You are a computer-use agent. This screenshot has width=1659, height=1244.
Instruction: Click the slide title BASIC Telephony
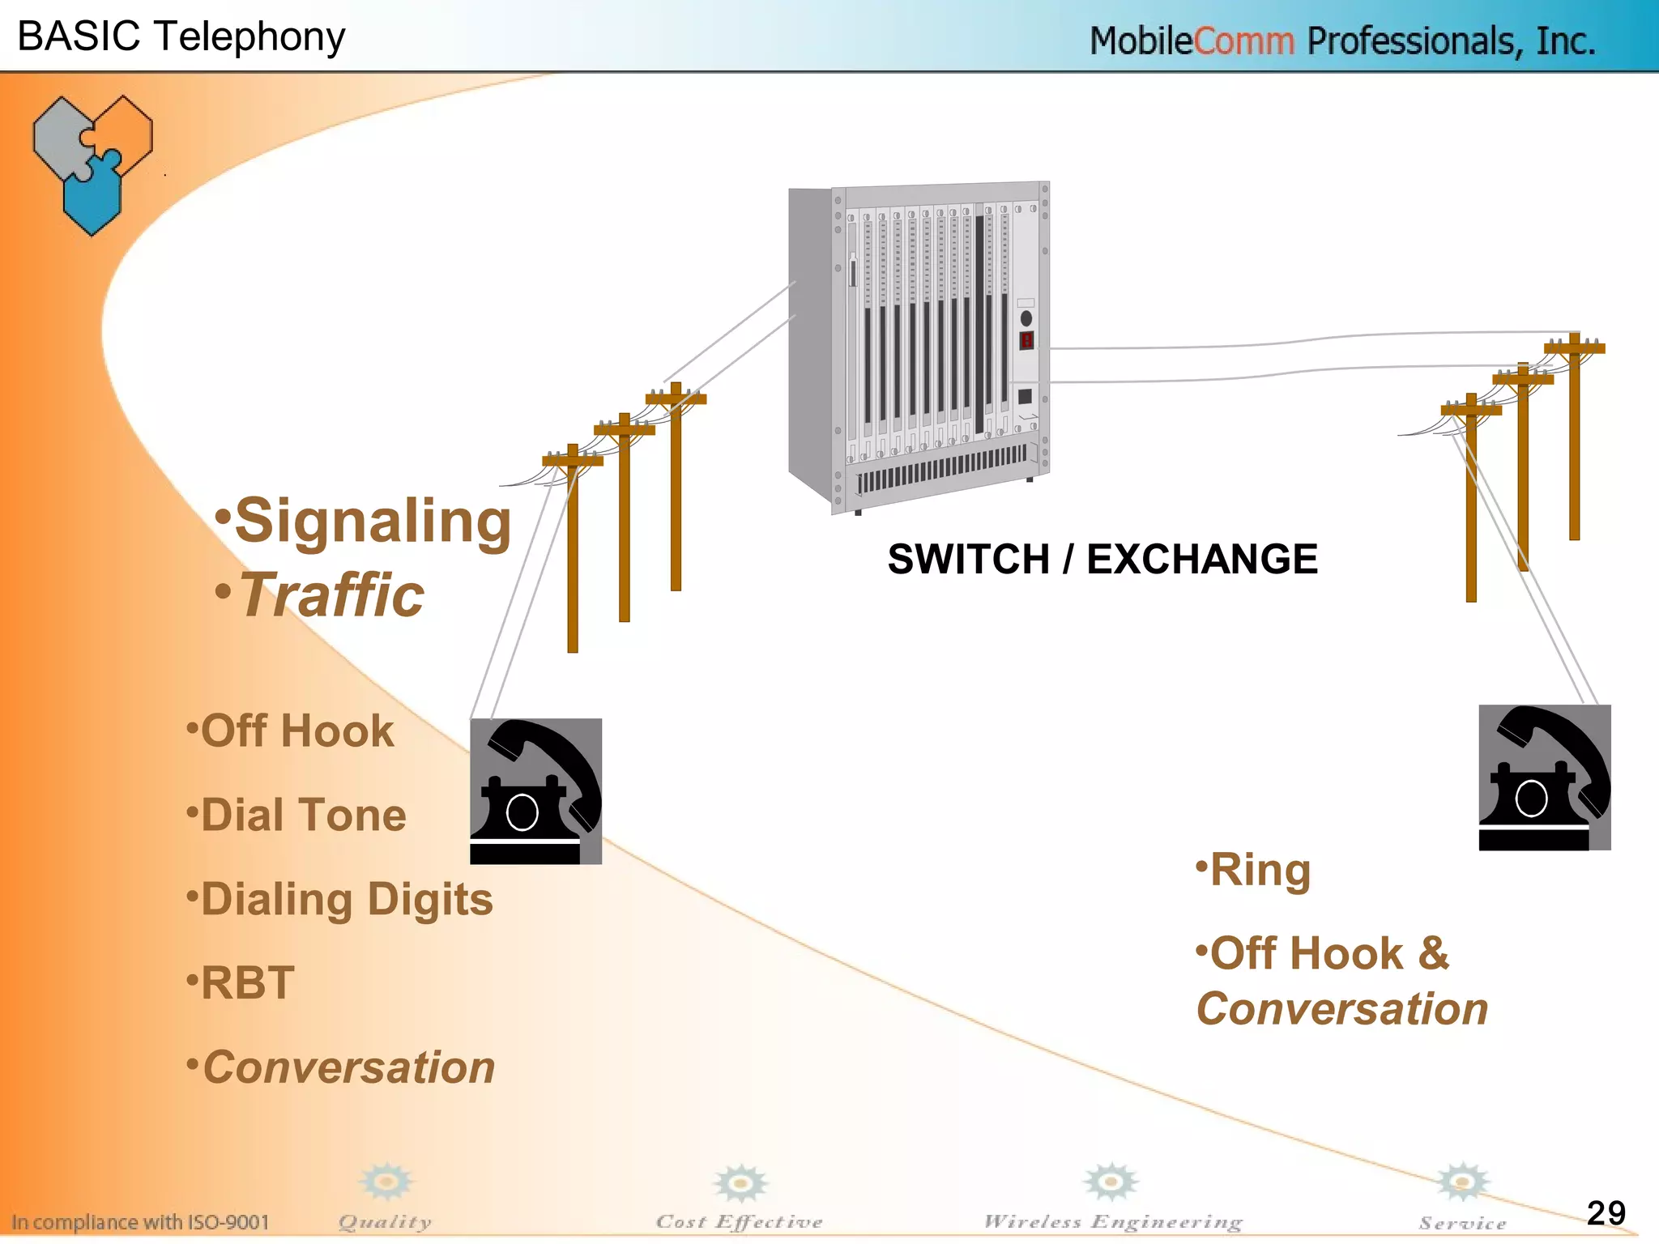coord(181,36)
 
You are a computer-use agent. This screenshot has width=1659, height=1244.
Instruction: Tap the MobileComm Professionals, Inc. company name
coord(1341,40)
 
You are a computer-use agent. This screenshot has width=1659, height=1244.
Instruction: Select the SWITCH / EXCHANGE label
coord(1102,559)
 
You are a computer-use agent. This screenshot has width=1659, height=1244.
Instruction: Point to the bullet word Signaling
coord(372,521)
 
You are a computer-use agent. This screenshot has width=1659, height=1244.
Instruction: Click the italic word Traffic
coord(331,595)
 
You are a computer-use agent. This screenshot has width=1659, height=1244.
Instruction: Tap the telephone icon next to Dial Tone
coord(535,791)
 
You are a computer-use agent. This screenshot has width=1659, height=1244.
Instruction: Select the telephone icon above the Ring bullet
coord(1544,777)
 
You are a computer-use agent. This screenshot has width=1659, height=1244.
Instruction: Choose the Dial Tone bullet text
coord(302,815)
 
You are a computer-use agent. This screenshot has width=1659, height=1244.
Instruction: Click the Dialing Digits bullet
coord(346,900)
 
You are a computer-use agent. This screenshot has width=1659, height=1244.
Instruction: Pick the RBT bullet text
coord(247,983)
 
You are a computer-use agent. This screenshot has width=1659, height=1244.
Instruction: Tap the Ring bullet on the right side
coord(1259,871)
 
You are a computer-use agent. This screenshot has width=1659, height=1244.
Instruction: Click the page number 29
coord(1606,1212)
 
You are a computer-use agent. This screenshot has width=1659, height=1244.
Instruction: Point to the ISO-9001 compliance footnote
coord(140,1221)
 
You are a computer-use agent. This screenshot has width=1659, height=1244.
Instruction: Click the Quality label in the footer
coord(385,1222)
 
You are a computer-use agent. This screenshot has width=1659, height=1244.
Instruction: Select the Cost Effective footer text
coord(739,1221)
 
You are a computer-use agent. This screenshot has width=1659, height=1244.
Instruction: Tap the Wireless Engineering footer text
coord(1112,1221)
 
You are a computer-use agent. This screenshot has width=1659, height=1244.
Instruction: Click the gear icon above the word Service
coord(1462,1182)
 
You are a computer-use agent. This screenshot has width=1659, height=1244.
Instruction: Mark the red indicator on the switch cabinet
coord(1026,340)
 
